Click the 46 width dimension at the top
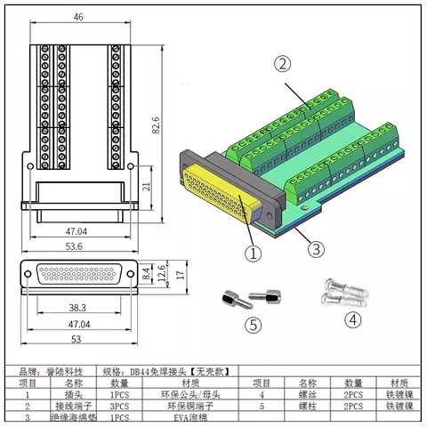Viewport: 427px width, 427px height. point(78,16)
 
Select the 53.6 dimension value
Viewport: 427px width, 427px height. point(78,246)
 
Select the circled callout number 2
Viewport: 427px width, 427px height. point(282,64)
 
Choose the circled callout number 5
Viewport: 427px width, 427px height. point(254,325)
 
